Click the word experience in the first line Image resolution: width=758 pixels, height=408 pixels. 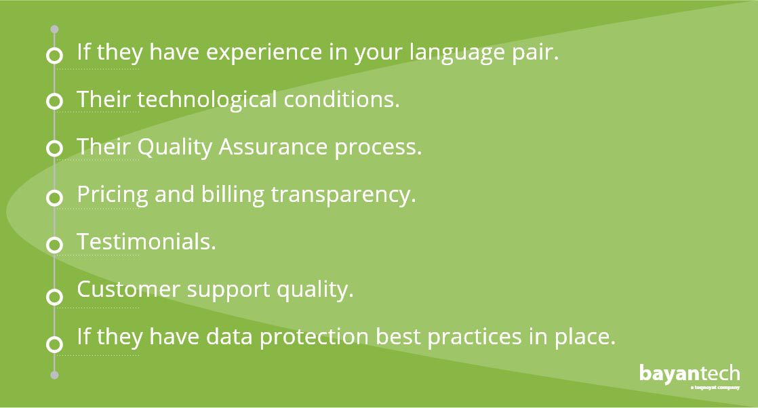point(264,52)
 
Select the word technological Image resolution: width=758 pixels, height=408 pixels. point(207,100)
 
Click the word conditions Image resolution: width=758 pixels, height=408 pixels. point(341,99)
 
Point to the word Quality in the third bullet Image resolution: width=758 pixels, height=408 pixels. point(174,148)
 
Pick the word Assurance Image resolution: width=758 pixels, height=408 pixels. point(273,147)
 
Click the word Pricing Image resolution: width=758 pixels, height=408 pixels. point(112,195)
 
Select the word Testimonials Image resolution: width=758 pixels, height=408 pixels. point(146,242)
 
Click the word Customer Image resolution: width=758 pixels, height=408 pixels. point(128,289)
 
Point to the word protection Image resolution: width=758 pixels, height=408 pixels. point(314,336)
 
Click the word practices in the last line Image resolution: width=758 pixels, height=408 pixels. point(474,336)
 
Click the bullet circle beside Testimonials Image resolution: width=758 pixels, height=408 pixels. point(55,245)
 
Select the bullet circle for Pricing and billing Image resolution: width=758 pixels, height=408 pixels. point(55,197)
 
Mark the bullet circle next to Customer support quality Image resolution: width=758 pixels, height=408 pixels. point(55,296)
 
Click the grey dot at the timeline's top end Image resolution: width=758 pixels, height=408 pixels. point(55,30)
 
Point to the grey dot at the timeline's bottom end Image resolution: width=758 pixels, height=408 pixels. point(55,375)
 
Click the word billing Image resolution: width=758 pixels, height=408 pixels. point(233,195)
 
